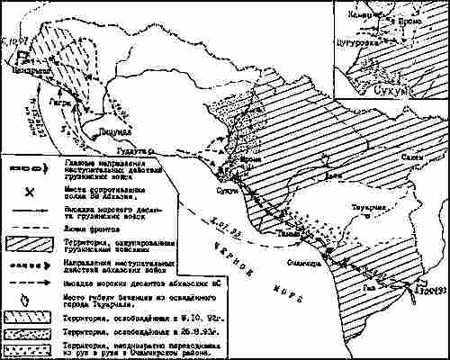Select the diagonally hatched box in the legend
(31, 242)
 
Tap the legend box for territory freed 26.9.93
(31, 332)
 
